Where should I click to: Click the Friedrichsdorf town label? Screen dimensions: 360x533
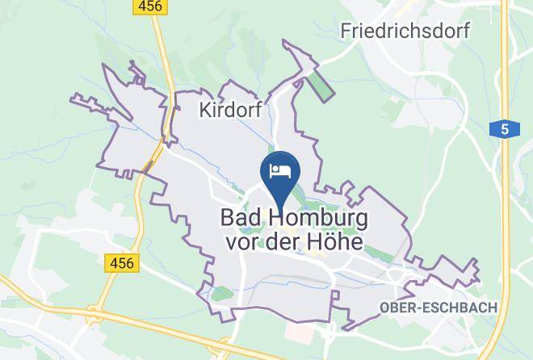417,31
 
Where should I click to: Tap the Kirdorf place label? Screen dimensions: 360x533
231,111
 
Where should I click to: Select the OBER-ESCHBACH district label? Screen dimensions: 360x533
439,308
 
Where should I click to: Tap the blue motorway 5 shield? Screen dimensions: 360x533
504,128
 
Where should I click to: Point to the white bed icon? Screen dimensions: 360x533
279,170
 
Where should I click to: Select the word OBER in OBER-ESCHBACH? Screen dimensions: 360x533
396,308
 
